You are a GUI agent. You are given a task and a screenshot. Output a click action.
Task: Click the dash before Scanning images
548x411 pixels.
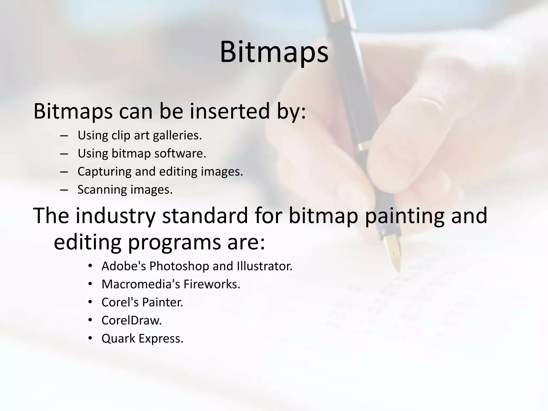point(64,190)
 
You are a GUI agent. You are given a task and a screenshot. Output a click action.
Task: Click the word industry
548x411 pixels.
point(115,216)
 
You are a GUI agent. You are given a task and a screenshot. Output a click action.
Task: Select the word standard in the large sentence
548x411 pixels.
point(205,216)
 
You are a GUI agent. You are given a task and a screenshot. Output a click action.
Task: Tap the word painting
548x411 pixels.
point(404,216)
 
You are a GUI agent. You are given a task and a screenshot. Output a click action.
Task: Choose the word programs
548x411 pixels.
point(174,242)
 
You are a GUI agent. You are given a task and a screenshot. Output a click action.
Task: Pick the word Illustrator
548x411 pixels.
point(265,266)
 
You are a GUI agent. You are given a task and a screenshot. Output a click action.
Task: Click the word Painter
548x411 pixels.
point(163,302)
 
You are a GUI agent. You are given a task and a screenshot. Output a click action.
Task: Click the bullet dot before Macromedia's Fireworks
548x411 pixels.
point(90,284)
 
